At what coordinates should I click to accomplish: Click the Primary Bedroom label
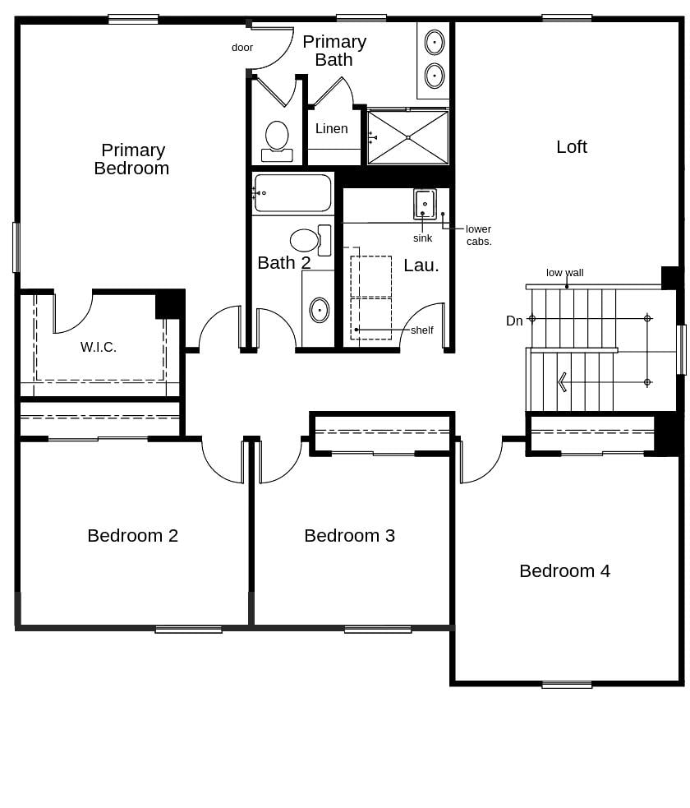click(x=131, y=159)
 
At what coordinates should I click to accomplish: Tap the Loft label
click(x=572, y=147)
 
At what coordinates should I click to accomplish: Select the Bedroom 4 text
click(x=564, y=571)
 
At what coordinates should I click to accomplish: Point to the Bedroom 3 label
click(x=349, y=536)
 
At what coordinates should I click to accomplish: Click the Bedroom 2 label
click(x=132, y=536)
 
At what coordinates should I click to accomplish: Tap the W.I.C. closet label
click(x=99, y=348)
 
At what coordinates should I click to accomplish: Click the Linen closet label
click(x=331, y=129)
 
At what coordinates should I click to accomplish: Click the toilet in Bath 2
click(x=306, y=240)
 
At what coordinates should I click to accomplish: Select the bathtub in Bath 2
click(x=292, y=193)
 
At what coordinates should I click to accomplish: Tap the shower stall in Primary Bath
click(x=407, y=137)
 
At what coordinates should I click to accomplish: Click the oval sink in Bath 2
click(x=319, y=310)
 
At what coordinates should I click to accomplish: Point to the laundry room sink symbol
click(x=424, y=203)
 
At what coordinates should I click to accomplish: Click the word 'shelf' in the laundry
click(x=421, y=330)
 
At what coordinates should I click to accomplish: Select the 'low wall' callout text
click(x=565, y=273)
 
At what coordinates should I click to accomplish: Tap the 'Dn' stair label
click(x=514, y=321)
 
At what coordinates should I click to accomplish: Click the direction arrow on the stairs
click(x=562, y=382)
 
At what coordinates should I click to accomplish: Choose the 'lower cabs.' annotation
click(x=478, y=235)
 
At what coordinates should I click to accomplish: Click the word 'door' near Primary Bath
click(x=242, y=48)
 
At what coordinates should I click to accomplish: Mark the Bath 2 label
click(x=284, y=263)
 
